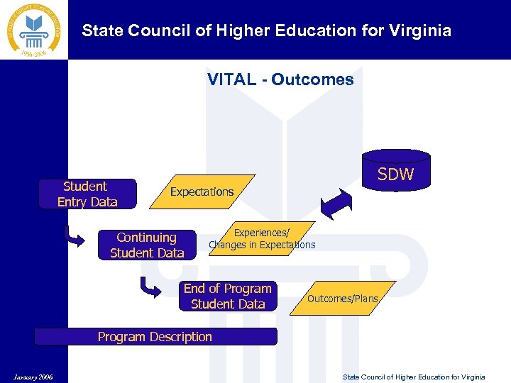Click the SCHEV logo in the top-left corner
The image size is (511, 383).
click(34, 30)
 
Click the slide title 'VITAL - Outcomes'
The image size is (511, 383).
click(280, 79)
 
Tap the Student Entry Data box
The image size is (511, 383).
click(87, 194)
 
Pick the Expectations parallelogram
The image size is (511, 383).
click(202, 191)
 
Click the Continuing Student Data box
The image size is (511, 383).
click(147, 245)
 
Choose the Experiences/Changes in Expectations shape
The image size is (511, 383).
click(262, 238)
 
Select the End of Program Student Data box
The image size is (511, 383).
click(228, 296)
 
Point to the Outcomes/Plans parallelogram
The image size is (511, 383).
click(343, 299)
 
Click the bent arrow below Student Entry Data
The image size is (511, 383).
click(74, 235)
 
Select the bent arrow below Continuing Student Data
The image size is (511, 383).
click(151, 287)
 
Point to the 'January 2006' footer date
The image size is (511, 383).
click(32, 377)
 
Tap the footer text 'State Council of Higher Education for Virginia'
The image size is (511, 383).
click(414, 377)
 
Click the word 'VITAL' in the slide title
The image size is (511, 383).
click(231, 79)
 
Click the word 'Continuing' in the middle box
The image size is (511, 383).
click(146, 238)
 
